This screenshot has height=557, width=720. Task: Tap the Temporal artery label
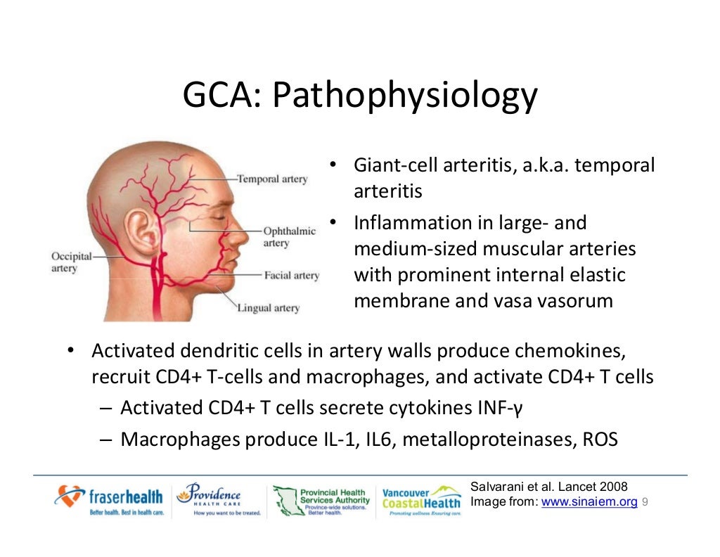point(272,179)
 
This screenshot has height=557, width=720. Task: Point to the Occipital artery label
point(71,263)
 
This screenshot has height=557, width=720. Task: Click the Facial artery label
point(291,276)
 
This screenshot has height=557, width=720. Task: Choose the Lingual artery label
point(268,308)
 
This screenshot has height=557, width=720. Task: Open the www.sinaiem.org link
point(589,502)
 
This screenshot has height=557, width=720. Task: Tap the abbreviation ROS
point(600,440)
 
